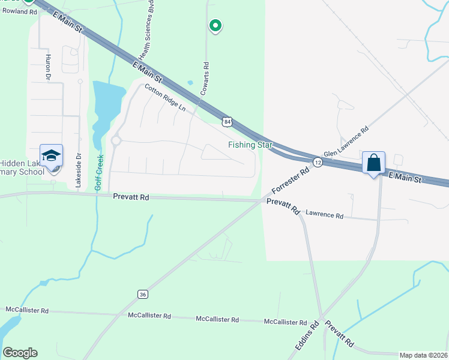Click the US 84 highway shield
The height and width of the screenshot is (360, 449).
226,122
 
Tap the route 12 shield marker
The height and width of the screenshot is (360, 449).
318,163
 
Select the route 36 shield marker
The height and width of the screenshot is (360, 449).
142,294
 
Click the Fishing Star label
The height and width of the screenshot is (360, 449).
250,145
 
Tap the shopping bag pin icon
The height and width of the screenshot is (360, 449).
373,163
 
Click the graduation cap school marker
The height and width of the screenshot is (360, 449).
52,156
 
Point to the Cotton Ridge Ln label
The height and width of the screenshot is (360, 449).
164,97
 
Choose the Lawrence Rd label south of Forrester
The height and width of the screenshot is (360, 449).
324,214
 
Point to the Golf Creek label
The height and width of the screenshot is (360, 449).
100,172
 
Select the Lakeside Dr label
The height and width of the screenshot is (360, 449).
78,171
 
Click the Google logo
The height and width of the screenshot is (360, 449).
20,352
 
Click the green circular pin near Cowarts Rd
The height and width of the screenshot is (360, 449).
215,25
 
